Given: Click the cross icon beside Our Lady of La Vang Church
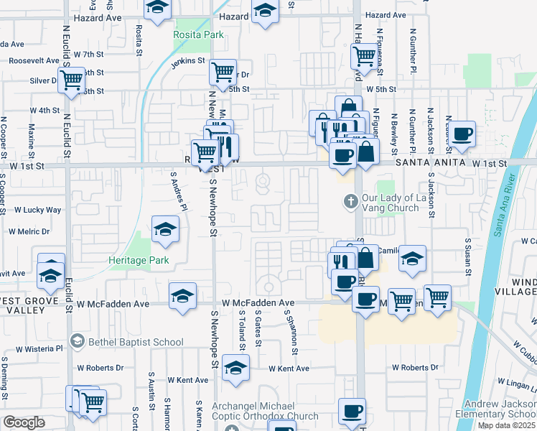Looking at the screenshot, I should tap(351, 201).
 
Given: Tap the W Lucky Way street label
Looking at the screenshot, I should tap(37, 210).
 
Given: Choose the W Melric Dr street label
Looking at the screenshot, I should tap(29, 231).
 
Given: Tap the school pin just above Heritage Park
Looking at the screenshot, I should tap(166, 230).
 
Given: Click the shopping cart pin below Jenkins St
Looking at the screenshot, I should tap(223, 71).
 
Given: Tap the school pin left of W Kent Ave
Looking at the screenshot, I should tap(235, 369).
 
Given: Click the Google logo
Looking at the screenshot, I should tap(24, 422).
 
